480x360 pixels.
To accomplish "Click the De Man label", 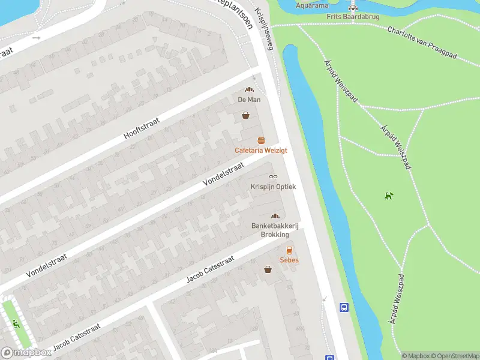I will pyautogui.click(x=248, y=100).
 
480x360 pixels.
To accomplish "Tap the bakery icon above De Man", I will pyautogui.click(x=248, y=90).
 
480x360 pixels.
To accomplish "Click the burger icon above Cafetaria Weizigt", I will pyautogui.click(x=261, y=140).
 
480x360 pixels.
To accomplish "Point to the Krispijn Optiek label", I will pyautogui.click(x=273, y=187).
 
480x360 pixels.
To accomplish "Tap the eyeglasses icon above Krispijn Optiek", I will pyautogui.click(x=273, y=176).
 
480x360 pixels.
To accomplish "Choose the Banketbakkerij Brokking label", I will pyautogui.click(x=275, y=230).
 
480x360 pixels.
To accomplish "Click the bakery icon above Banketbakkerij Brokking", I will pyautogui.click(x=275, y=216).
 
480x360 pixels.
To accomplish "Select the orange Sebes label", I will pyautogui.click(x=289, y=260).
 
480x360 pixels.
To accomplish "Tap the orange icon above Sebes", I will pyautogui.click(x=289, y=250).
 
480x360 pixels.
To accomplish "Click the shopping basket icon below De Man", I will pyautogui.click(x=245, y=115).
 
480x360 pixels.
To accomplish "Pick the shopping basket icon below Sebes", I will pyautogui.click(x=268, y=269).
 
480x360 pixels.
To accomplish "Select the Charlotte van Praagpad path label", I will pyautogui.click(x=422, y=42).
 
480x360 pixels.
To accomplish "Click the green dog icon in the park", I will pyautogui.click(x=389, y=195).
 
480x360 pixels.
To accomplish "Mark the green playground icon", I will pyautogui.click(x=16, y=325).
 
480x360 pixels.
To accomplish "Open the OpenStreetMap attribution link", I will pyautogui.click(x=454, y=356).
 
